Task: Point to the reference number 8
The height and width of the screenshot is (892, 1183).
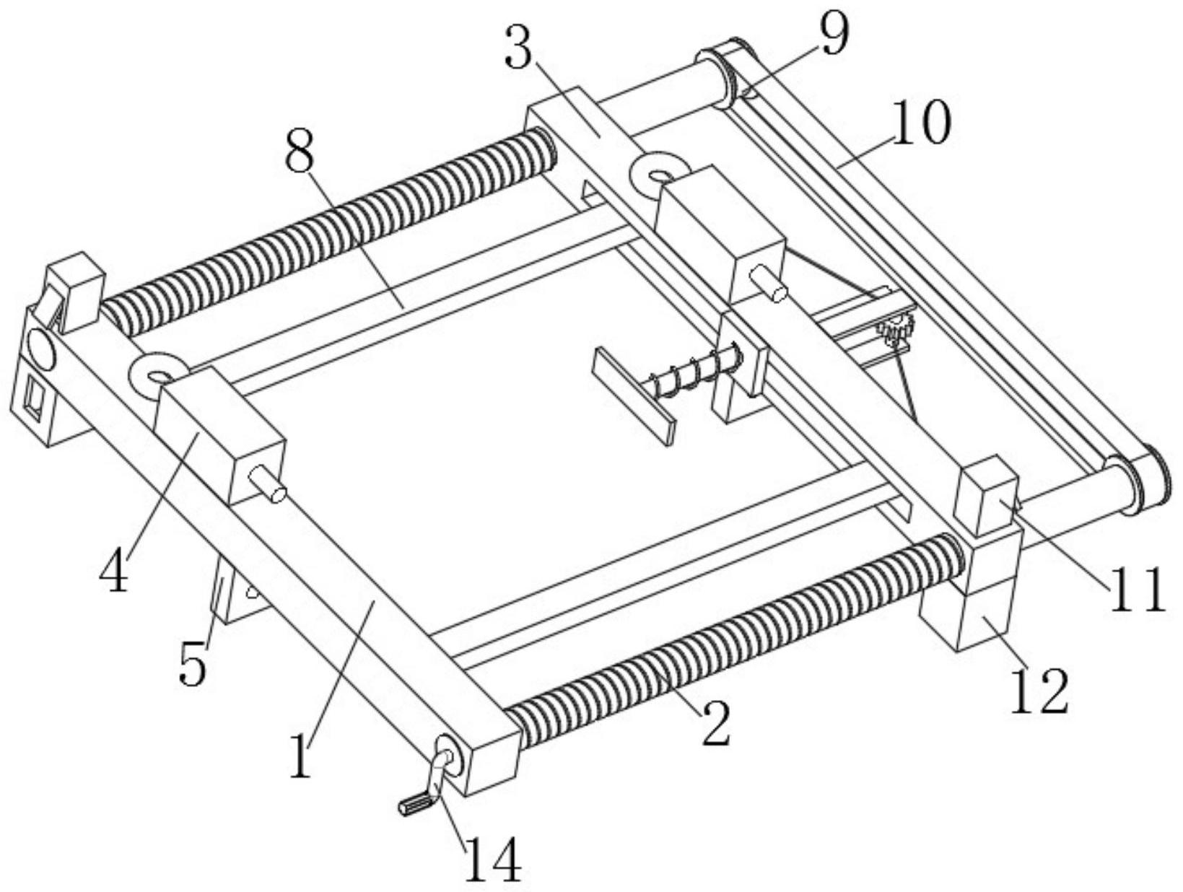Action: (300, 149)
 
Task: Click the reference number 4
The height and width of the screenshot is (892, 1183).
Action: (114, 568)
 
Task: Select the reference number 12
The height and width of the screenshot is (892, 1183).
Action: (1039, 691)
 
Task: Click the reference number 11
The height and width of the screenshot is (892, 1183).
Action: (1136, 590)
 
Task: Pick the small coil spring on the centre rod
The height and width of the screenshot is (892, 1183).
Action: (695, 372)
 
